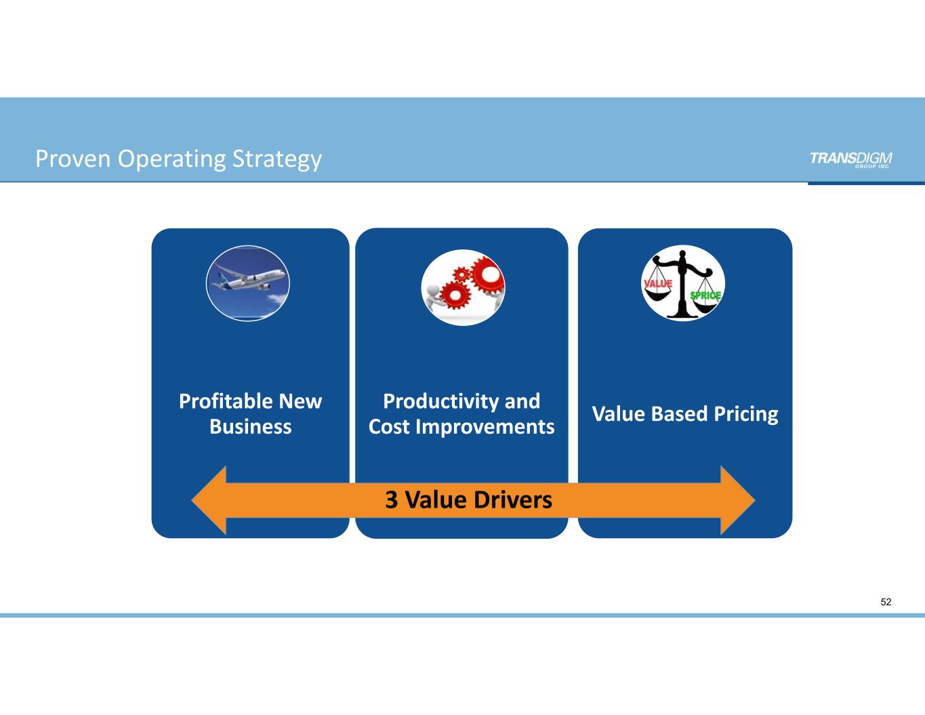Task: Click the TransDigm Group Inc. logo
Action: [x=850, y=159]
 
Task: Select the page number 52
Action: [x=886, y=602]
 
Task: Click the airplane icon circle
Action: [x=248, y=283]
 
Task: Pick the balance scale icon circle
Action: [x=683, y=283]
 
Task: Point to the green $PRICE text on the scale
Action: [x=705, y=295]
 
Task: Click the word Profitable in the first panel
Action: [x=222, y=401]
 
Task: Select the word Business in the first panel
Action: [x=250, y=426]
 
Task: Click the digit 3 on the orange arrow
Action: [x=391, y=500]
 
